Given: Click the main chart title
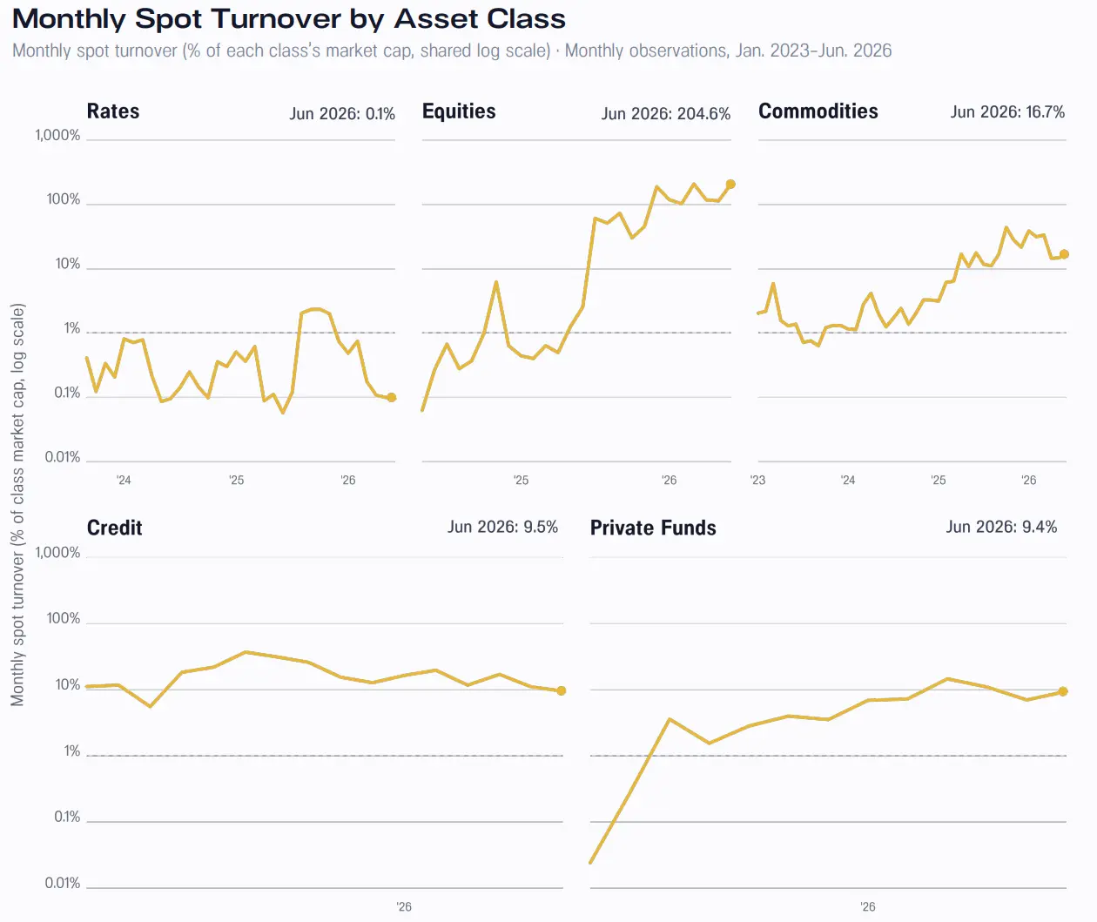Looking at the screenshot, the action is click(289, 19).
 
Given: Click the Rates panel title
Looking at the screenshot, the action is click(113, 111).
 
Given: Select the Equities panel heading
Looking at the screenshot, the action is click(459, 111).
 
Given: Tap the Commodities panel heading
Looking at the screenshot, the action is click(818, 111).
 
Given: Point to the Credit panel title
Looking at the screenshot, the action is click(115, 528).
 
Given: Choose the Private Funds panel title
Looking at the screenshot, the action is click(653, 528).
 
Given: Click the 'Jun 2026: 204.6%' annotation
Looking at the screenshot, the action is click(666, 113).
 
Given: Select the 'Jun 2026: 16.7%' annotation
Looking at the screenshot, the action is click(1007, 112).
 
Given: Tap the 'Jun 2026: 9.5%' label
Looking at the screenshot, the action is click(503, 527).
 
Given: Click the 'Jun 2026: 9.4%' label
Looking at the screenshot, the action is click(1001, 527).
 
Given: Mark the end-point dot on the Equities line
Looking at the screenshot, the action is click(730, 185).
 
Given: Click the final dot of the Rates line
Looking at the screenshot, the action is click(392, 398).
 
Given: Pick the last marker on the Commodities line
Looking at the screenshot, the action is click(1064, 254).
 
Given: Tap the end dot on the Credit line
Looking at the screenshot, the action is click(561, 690).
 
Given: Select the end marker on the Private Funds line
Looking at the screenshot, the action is click(1063, 691).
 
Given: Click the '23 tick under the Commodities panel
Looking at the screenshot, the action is click(757, 481).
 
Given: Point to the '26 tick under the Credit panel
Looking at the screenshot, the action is click(403, 907).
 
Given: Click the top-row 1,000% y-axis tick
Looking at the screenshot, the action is click(57, 136).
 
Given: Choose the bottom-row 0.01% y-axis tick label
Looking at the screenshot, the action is click(63, 883).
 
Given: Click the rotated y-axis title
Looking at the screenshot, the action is click(18, 504).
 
